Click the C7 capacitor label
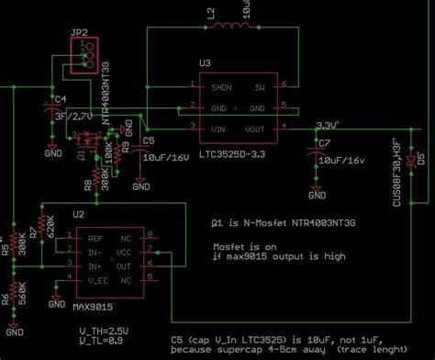pos(323,144)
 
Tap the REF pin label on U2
pos(95,238)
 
